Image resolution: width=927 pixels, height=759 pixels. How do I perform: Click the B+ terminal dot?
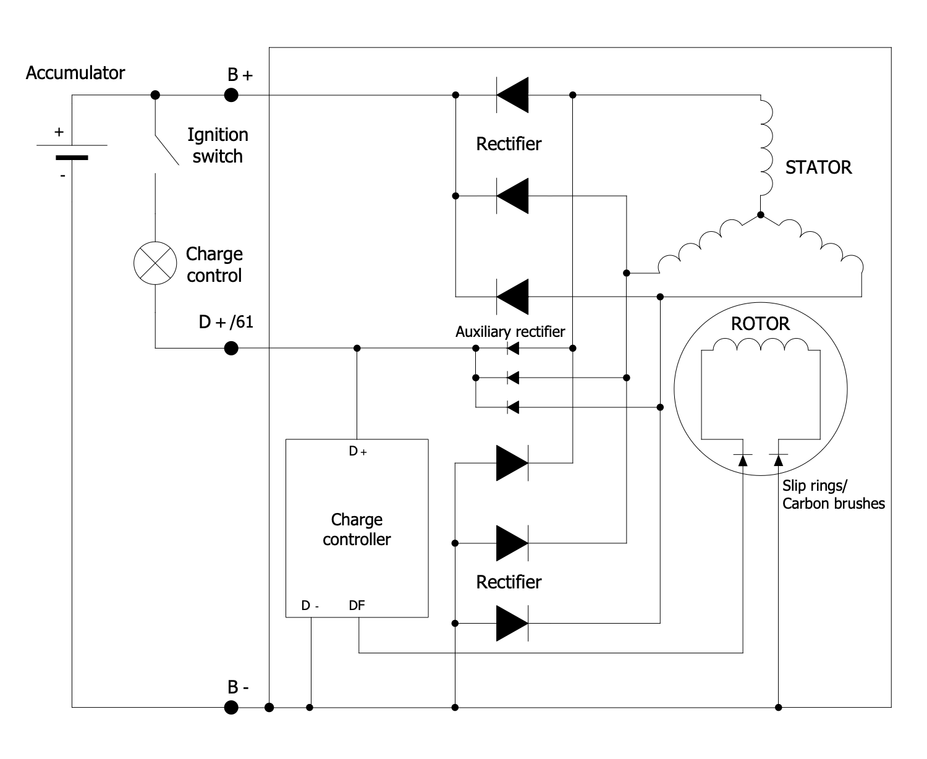click(231, 95)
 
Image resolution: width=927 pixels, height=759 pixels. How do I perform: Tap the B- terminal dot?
click(231, 707)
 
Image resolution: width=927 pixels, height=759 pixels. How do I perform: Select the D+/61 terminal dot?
click(231, 349)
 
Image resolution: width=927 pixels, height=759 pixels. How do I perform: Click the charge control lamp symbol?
click(155, 263)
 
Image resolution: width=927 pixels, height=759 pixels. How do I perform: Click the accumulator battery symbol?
click(72, 151)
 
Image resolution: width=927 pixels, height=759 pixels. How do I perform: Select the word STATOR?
click(818, 167)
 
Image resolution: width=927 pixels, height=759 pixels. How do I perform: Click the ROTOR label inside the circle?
click(760, 324)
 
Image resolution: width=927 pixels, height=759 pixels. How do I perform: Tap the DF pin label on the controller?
click(357, 606)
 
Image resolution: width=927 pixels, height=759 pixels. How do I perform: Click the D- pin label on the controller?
click(310, 606)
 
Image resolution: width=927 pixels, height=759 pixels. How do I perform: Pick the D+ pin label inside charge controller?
click(358, 452)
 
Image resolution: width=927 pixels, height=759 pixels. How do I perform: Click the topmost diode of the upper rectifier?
click(512, 95)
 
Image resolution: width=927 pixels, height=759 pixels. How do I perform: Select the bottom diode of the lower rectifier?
click(512, 623)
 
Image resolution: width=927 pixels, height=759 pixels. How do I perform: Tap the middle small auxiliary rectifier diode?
click(512, 378)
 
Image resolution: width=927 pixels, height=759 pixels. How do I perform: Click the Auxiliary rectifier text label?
click(510, 332)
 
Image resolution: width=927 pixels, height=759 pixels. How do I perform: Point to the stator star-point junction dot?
click(761, 215)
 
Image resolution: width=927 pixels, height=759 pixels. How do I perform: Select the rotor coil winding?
click(760, 346)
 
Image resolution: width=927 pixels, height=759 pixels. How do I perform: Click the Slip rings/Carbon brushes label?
click(833, 494)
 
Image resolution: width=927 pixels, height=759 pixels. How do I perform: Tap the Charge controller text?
click(357, 529)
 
